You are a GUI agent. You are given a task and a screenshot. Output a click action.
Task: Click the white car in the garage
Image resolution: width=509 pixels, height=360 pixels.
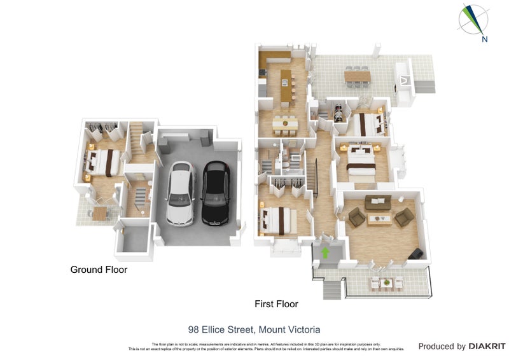[181, 193]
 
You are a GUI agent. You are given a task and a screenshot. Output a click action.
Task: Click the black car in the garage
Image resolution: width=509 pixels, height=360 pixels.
[215, 193]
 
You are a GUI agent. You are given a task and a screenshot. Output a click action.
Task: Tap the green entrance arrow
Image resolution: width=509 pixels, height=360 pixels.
[326, 252]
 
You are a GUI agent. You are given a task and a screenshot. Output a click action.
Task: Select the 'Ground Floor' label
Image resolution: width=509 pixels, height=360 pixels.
[99, 270]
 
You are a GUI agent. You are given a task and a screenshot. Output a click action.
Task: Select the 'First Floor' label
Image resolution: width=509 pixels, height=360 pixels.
[276, 304]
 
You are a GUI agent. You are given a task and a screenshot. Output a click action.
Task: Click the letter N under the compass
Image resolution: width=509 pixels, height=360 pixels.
[485, 39]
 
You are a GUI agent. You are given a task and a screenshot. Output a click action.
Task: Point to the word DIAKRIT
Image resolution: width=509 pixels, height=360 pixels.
[487, 347]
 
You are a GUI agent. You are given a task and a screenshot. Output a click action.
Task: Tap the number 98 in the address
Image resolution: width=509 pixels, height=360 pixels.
[193, 329]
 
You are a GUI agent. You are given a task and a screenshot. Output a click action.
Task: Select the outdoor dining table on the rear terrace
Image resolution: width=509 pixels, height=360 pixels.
[358, 76]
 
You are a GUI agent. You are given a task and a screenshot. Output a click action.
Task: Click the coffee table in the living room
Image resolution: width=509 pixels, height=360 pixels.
[381, 219]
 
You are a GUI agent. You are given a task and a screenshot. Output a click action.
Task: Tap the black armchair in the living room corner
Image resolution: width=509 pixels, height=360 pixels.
[415, 254]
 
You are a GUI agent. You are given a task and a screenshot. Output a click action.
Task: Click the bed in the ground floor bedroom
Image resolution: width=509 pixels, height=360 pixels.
[103, 162]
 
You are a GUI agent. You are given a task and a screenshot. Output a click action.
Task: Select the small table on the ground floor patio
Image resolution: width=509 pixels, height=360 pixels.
[99, 214]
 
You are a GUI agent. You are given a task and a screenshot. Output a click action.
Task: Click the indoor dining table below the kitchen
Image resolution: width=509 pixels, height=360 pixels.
[284, 121]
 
